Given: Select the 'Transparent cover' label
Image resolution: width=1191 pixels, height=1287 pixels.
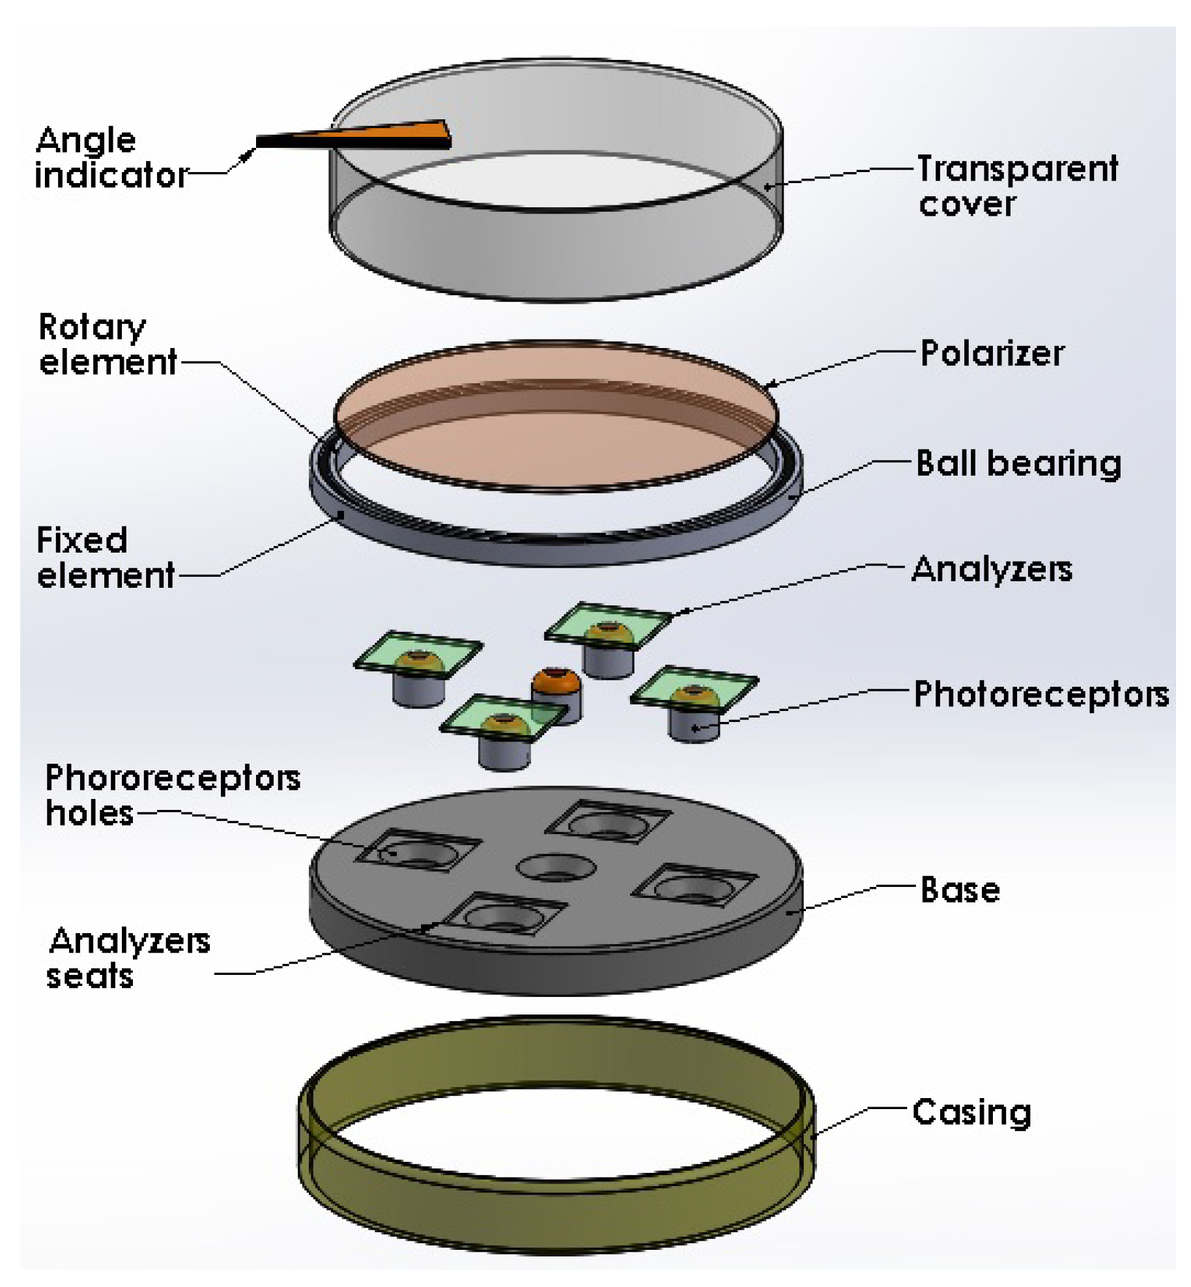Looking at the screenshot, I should (1016, 186).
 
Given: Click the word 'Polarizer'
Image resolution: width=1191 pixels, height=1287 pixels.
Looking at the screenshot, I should (991, 354).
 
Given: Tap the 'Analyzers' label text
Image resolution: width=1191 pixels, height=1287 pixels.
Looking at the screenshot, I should (991, 570).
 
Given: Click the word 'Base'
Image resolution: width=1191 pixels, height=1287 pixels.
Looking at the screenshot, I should (960, 890).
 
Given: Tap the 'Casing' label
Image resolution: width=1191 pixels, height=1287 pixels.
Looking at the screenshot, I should (971, 1112).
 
